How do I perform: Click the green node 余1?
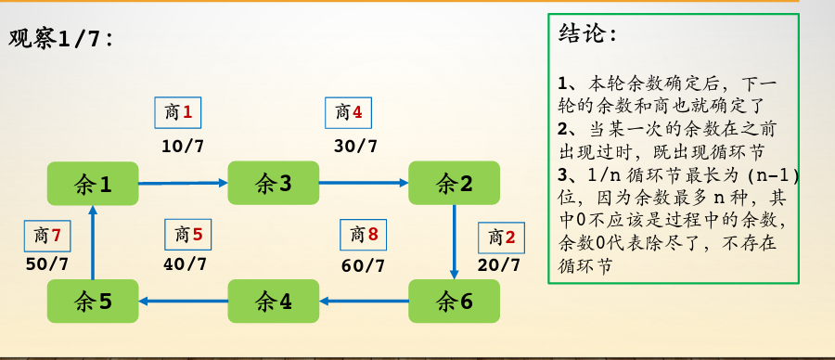(x=93, y=184)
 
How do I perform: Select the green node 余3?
(x=274, y=184)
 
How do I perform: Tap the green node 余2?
(x=455, y=184)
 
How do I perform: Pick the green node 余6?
(x=455, y=302)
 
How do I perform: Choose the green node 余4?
(x=274, y=302)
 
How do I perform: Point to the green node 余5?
(x=93, y=302)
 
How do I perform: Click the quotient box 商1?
(x=178, y=113)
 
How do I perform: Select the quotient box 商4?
(x=349, y=113)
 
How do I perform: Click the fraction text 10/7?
(x=183, y=146)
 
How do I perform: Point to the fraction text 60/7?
(x=363, y=265)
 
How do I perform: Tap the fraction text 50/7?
(x=47, y=264)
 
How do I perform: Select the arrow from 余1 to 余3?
(x=183, y=183)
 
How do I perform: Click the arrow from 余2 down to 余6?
(x=454, y=241)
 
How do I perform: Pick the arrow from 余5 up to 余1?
(x=92, y=242)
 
